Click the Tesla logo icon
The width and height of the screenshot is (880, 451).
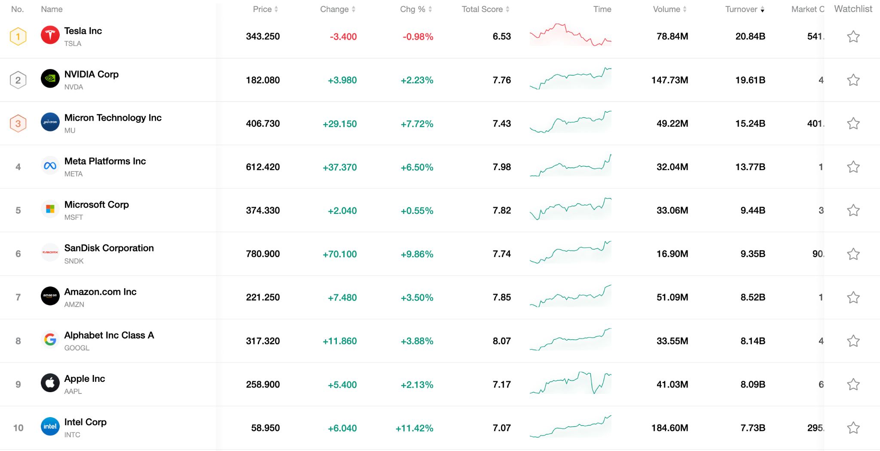coord(50,35)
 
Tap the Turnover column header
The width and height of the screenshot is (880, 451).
coord(741,9)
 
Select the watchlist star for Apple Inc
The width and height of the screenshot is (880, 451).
coord(853,384)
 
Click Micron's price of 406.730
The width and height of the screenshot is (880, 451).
coord(263,124)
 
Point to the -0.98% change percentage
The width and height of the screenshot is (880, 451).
coord(418,37)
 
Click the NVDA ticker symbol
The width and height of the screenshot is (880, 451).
coord(73,87)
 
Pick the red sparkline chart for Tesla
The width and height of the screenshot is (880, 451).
coord(570,35)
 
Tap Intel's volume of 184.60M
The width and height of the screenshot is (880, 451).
coord(669,428)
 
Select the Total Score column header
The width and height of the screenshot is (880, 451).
coord(482,9)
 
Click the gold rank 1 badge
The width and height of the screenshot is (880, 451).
coord(18,37)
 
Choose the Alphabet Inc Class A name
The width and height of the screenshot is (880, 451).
coord(109,335)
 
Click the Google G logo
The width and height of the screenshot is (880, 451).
coord(50,340)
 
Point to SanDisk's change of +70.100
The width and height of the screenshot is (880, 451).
coord(339,254)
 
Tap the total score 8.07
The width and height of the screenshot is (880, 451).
coord(501,341)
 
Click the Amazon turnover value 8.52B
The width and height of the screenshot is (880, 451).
coord(752,297)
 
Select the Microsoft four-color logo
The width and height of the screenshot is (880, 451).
coord(50,209)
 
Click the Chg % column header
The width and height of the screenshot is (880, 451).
coord(412,9)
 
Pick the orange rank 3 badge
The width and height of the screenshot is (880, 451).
coord(18,124)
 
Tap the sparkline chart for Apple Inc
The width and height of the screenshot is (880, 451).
coord(570,383)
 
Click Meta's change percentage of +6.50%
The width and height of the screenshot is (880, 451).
coord(417,167)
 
